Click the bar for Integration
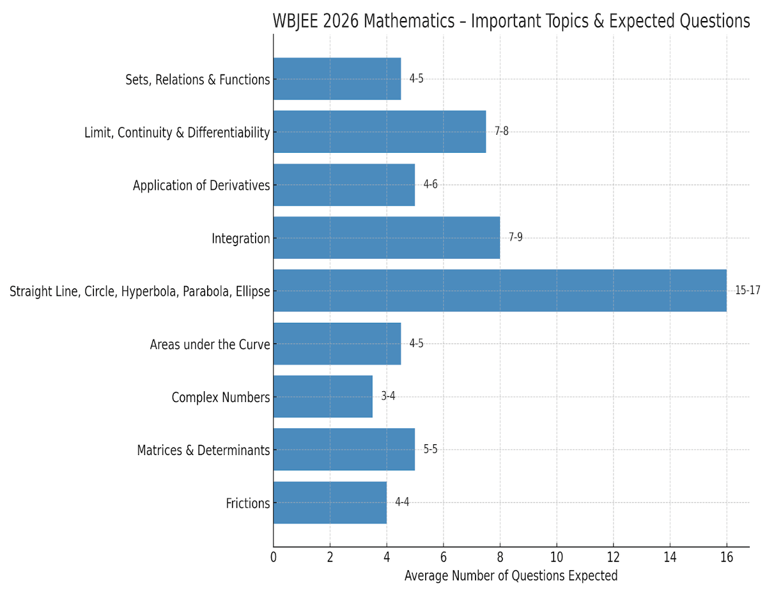click(x=386, y=238)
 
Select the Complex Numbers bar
click(x=323, y=396)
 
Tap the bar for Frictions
click(x=330, y=502)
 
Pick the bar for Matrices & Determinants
click(x=344, y=449)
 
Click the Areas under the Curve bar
click(x=337, y=343)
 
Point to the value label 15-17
click(x=747, y=290)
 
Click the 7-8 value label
click(x=502, y=132)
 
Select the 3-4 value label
click(x=388, y=396)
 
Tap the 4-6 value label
click(x=430, y=185)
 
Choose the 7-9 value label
click(x=515, y=238)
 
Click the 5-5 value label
click(x=430, y=449)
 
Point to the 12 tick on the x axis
click(x=614, y=557)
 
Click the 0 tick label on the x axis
click(x=274, y=557)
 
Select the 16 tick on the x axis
click(x=727, y=557)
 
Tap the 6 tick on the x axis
click(x=443, y=557)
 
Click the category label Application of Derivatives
click(x=201, y=185)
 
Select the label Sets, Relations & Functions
click(x=198, y=80)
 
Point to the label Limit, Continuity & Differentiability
click(x=177, y=133)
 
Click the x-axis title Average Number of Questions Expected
click(x=511, y=576)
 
